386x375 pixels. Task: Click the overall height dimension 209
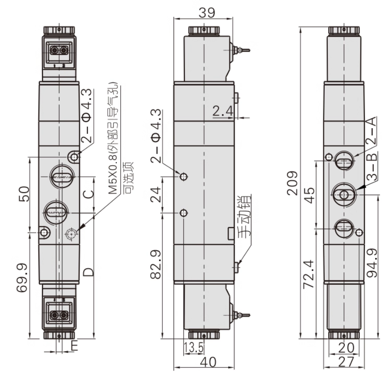click(293, 183)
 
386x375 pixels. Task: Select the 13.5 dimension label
click(194, 347)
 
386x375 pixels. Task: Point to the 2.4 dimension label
click(222, 111)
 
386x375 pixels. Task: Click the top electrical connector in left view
click(59, 51)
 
